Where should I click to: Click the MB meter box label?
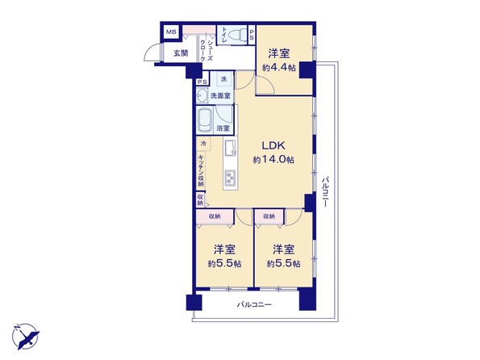pyautogui.click(x=171, y=31)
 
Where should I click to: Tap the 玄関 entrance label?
pyautogui.click(x=181, y=53)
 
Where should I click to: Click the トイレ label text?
pyautogui.click(x=223, y=35)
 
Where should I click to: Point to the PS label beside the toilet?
pyautogui.click(x=252, y=35)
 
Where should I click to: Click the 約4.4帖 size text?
pyautogui.click(x=278, y=68)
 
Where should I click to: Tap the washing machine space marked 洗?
pyautogui.click(x=223, y=79)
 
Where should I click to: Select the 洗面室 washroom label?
pyautogui.click(x=220, y=96)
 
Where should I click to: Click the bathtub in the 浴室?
pyautogui.click(x=204, y=119)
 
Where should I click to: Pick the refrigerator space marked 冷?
pyautogui.click(x=203, y=144)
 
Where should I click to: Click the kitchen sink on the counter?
pyautogui.click(x=231, y=148)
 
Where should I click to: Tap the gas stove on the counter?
pyautogui.click(x=230, y=178)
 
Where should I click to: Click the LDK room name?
pyautogui.click(x=273, y=145)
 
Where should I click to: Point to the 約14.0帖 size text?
pyautogui.click(x=273, y=159)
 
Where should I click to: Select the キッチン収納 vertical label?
pyautogui.click(x=201, y=170)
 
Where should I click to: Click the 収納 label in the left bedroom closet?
pyautogui.click(x=215, y=216)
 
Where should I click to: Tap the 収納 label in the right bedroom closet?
pyautogui.click(x=269, y=216)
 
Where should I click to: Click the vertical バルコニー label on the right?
pyautogui.click(x=325, y=191)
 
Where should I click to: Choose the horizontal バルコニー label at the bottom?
pyautogui.click(x=254, y=305)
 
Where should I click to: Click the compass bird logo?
pyautogui.click(x=26, y=336)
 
